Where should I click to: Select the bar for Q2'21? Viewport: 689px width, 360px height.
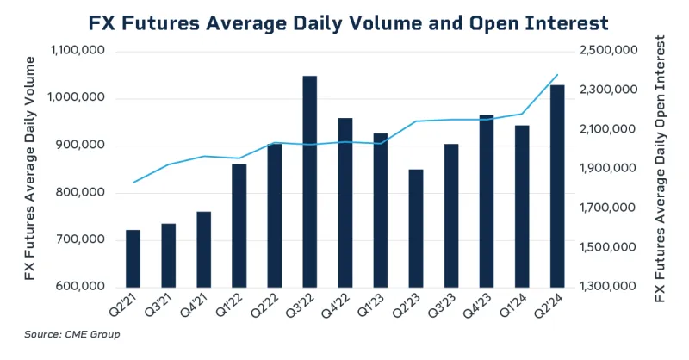click(133, 258)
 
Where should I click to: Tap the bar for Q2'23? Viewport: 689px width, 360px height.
click(416, 227)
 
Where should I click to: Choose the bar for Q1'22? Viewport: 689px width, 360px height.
click(239, 225)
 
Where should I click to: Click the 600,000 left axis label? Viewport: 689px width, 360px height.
click(82, 287)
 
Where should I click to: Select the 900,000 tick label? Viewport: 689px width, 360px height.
click(82, 146)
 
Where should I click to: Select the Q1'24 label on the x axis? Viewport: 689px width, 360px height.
click(516, 306)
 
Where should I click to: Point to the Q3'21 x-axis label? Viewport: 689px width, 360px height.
click(162, 306)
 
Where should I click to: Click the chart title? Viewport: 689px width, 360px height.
click(344, 21)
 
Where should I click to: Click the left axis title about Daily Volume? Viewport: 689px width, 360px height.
click(31, 168)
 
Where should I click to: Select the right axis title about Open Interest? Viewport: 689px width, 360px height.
click(661, 169)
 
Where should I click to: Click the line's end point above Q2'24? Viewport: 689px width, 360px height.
click(558, 75)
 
